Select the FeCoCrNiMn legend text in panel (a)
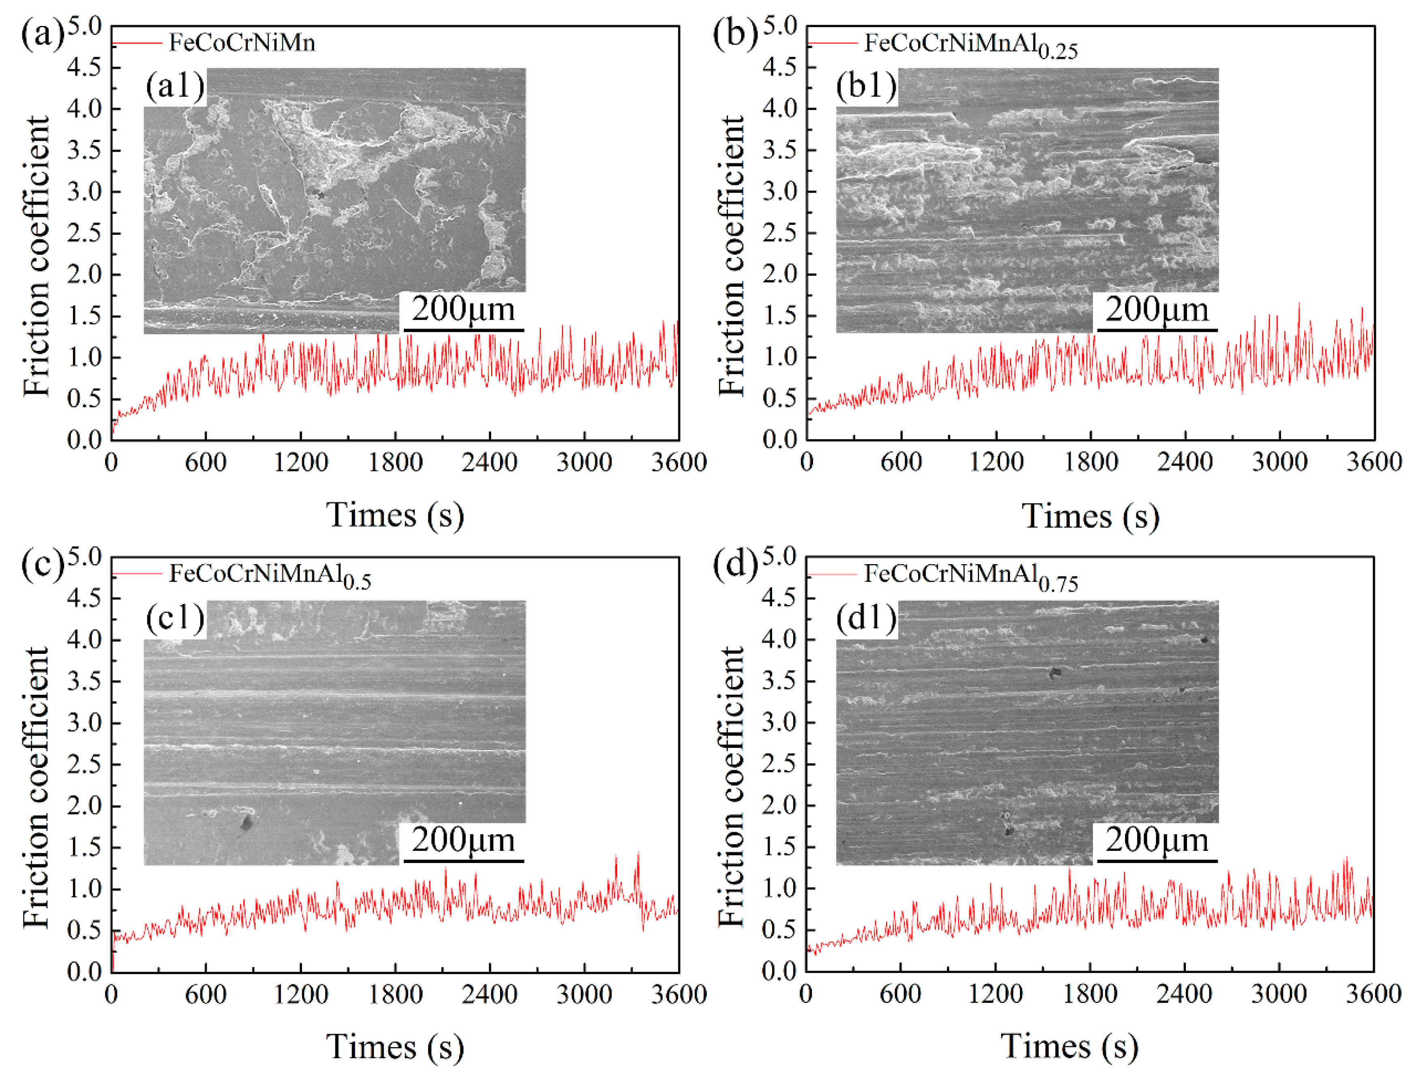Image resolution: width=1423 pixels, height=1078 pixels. click(242, 43)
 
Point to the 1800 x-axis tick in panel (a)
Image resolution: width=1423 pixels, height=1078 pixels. click(395, 462)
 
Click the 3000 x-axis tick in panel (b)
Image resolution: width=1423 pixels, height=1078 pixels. click(1279, 462)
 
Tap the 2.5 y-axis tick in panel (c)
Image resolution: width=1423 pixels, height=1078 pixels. click(84, 764)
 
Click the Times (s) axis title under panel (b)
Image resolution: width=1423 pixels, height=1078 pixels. click(1090, 516)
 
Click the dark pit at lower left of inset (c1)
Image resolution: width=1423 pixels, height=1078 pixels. click(245, 822)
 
